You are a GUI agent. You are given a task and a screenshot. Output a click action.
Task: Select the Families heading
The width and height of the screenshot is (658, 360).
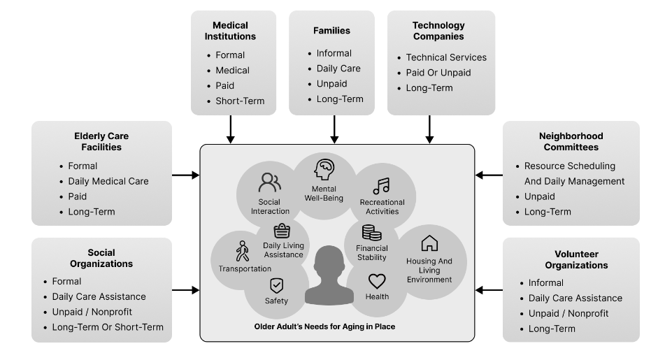coord(333,31)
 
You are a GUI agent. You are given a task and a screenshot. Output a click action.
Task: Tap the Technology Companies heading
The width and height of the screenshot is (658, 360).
coord(438,31)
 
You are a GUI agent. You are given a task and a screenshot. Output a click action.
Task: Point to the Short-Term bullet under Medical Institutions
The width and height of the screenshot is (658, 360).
coord(240,101)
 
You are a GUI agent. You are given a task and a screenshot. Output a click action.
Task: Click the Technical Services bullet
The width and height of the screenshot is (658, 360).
coord(446,57)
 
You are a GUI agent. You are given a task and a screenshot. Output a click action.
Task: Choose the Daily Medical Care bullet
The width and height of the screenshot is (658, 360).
coord(103,181)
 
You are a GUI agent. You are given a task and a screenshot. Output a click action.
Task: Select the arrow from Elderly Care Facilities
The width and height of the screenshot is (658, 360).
coord(185,175)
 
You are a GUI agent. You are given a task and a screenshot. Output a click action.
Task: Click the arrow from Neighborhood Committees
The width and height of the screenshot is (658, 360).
coord(489,175)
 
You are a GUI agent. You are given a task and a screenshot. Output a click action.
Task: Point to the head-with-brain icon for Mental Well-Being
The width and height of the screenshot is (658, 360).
coord(324,170)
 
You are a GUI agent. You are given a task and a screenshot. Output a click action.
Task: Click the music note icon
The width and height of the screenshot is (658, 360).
coord(381,186)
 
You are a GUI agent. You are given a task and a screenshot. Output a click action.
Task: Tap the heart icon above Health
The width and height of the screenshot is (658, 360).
coord(377,282)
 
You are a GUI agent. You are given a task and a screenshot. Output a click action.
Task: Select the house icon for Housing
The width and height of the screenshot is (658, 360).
coord(429,243)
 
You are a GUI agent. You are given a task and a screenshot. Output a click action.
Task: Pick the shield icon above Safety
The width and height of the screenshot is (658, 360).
coord(276,285)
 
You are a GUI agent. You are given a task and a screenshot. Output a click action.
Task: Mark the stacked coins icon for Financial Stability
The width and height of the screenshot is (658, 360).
coord(371,233)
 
